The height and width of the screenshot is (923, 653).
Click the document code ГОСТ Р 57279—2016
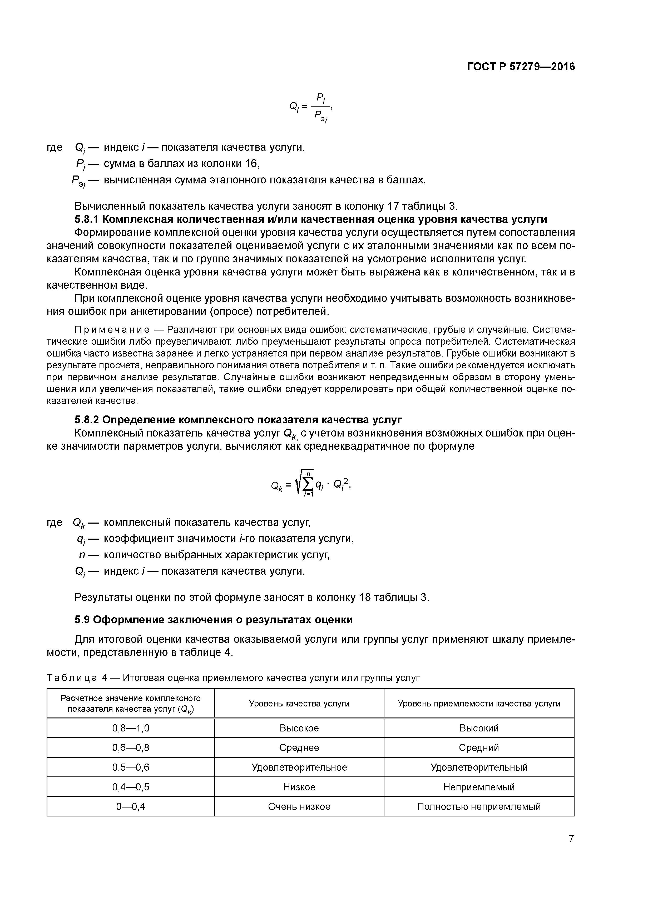tap(521, 67)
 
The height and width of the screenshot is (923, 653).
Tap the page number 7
tap(571, 839)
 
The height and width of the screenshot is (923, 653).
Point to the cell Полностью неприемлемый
tap(479, 807)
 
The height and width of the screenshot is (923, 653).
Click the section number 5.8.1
tap(87, 219)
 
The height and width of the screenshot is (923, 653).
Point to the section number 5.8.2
tap(87, 420)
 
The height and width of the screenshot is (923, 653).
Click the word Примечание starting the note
tap(112, 330)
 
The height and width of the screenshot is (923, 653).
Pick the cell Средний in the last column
tap(479, 748)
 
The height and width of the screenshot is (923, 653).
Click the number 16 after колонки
tap(252, 164)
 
